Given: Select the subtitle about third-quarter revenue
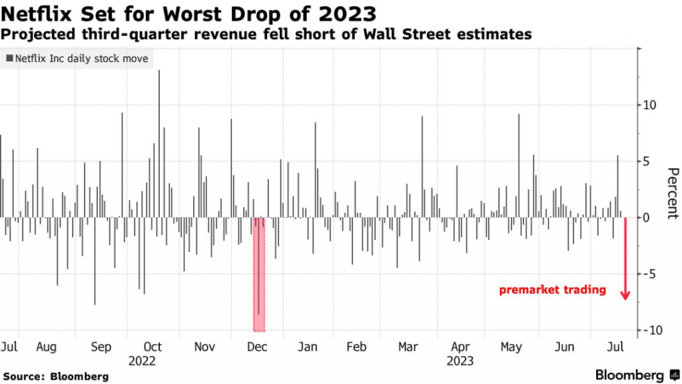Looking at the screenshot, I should point(266,34).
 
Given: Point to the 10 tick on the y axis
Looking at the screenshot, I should point(649,105).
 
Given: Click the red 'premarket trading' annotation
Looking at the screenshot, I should point(553,290).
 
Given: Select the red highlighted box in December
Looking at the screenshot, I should point(259,274).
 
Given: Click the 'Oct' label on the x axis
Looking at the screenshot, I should point(153,347).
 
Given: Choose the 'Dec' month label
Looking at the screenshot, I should point(257,347).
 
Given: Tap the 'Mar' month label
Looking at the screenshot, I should point(408,347).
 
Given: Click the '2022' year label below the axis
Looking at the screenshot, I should point(143,361).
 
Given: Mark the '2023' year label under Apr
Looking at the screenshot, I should point(460,361).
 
